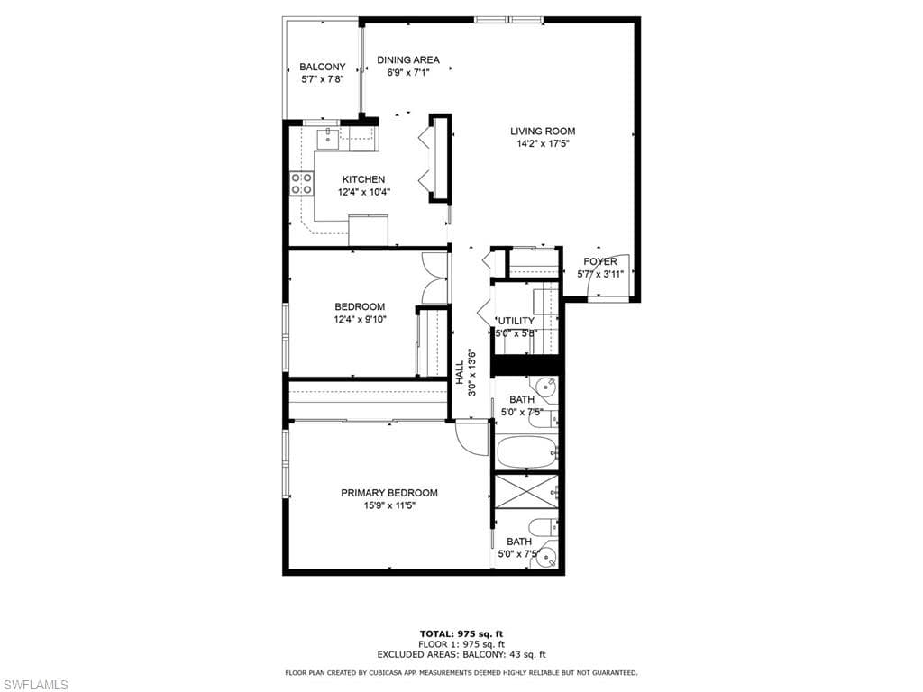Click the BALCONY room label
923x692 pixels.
pos(323,67)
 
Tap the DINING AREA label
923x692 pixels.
pos(408,60)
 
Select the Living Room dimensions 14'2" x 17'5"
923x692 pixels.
pos(543,143)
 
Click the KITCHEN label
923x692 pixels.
pos(364,179)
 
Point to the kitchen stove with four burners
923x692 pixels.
pos(301,183)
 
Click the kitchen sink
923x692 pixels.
pos(327,139)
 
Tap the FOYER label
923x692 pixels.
pos(600,261)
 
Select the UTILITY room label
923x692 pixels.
pos(516,321)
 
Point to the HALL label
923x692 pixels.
pos(460,372)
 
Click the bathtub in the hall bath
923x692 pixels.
pos(526,452)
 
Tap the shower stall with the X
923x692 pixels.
pos(526,490)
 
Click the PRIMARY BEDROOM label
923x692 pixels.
pos(389,493)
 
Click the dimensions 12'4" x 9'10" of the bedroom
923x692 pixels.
pos(360,320)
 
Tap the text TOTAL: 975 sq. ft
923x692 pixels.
pos(461,633)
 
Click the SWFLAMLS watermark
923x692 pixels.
pos(34,685)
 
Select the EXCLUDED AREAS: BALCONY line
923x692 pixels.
pos(461,654)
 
